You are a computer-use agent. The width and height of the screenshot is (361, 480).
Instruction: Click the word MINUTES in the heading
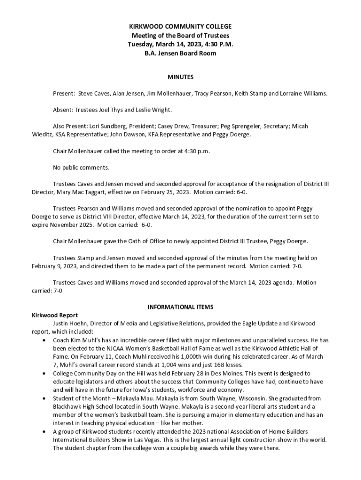pos(180,77)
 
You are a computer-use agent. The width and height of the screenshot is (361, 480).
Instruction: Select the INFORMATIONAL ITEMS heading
pos(180,307)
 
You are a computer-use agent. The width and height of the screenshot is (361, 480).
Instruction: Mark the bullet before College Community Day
pos(44,374)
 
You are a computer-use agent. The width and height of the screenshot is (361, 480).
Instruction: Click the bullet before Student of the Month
pos(44,398)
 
